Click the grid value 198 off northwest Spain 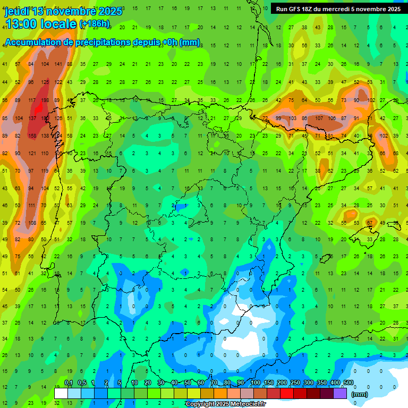(45, 100)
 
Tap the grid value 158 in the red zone (32, 136)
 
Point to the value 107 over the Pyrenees (319, 118)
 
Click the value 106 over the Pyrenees (331, 118)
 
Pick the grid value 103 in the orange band (292, 118)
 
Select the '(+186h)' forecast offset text (95, 24)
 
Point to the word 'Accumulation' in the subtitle (36, 42)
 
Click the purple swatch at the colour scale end (341, 393)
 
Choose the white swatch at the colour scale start (61, 393)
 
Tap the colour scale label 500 (348, 383)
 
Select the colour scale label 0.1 (69, 383)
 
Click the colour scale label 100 (255, 383)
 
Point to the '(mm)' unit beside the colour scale (360, 394)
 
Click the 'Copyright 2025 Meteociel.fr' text (225, 404)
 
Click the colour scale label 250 (295, 383)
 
